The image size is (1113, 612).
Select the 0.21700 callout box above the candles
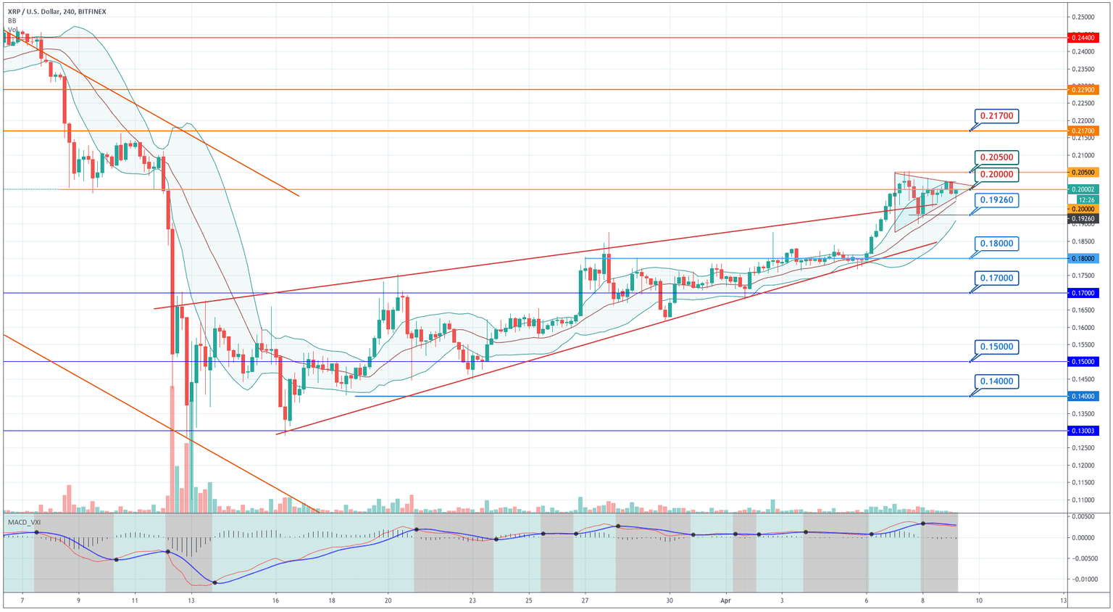[x=996, y=116]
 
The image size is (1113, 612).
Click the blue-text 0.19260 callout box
[x=996, y=200]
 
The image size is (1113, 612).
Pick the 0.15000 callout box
[x=996, y=347]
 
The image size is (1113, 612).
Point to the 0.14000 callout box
[x=996, y=381]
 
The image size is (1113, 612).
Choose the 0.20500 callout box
[x=996, y=157]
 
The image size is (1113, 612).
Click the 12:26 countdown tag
[x=1085, y=199]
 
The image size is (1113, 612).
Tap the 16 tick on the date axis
[x=275, y=600]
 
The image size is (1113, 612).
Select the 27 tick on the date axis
[x=585, y=600]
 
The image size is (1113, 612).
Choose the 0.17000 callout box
[x=996, y=278]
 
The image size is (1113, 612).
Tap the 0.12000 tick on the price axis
[x=1083, y=466]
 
